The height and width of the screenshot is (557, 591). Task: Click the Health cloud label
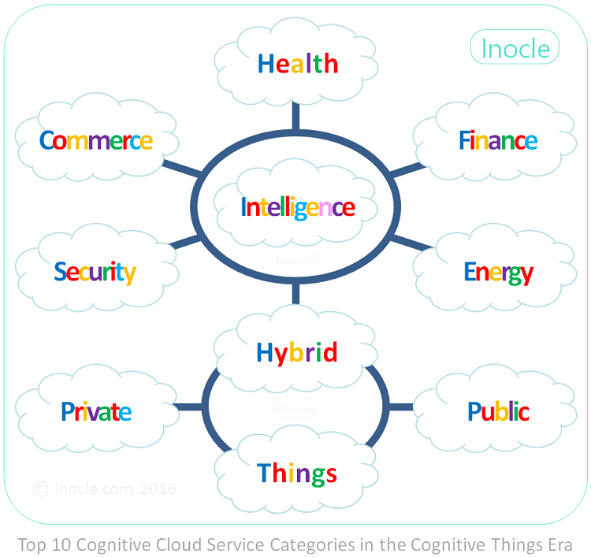click(298, 64)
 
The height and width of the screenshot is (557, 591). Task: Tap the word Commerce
click(96, 141)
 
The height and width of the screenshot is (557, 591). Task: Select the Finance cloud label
click(498, 141)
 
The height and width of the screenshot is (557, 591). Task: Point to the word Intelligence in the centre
click(298, 208)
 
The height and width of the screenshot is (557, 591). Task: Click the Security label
click(95, 273)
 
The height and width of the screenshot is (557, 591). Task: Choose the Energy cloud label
click(498, 273)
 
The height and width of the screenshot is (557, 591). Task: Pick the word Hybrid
click(297, 352)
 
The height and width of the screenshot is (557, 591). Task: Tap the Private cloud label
click(96, 411)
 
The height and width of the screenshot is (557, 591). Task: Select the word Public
click(498, 411)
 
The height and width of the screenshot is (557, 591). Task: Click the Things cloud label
click(297, 473)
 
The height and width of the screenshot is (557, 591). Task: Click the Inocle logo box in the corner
click(515, 48)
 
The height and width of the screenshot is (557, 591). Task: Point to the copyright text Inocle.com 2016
click(105, 488)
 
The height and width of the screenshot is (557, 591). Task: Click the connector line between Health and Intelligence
click(295, 117)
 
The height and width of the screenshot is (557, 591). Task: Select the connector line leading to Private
click(188, 407)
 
